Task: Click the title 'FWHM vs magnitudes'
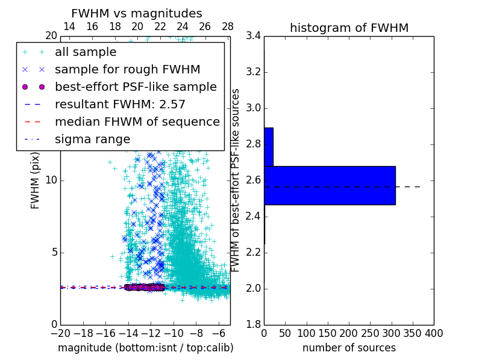(137, 13)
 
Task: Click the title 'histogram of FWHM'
(349, 28)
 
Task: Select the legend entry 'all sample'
(85, 52)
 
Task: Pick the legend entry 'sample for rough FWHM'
(127, 69)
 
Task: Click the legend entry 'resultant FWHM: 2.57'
(120, 104)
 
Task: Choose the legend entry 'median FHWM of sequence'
(137, 122)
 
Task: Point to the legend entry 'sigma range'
(92, 139)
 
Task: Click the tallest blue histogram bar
(330, 185)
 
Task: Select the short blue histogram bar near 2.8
(269, 147)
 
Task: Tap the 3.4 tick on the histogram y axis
(254, 36)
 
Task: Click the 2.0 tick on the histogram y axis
(254, 288)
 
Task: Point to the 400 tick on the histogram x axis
(434, 333)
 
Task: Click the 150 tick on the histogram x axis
(328, 333)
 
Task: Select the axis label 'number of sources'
(349, 348)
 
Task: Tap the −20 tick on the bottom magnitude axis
(60, 333)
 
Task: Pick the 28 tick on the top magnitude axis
(228, 26)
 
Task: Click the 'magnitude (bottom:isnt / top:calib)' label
(145, 348)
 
